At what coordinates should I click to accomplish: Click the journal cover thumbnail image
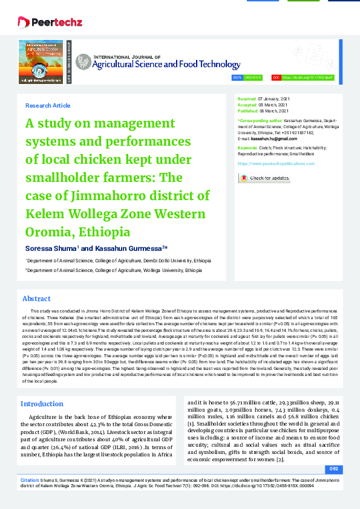(x=41, y=61)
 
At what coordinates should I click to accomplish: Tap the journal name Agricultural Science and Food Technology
(x=158, y=63)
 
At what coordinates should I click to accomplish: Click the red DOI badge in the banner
(x=275, y=78)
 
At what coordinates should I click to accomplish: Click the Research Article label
(x=48, y=106)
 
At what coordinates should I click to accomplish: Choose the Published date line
(x=264, y=111)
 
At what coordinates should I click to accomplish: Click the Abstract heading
(x=36, y=299)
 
